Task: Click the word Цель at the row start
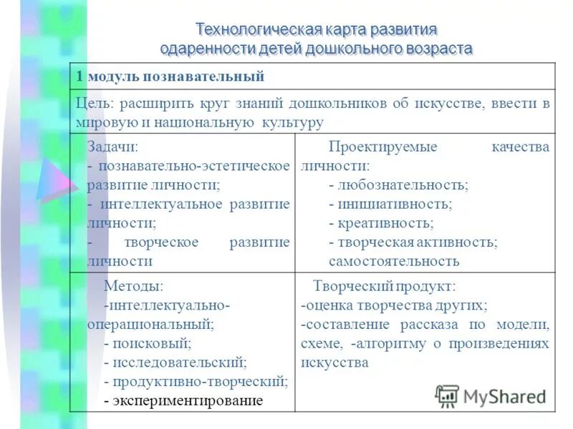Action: pos(92,103)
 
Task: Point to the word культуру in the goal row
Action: pos(291,123)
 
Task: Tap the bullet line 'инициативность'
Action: pos(391,204)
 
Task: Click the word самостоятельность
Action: pos(394,261)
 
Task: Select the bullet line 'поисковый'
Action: pos(150,343)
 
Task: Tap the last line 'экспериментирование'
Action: pos(183,400)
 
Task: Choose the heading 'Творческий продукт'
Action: pos(384,286)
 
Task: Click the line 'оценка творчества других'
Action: pos(395,305)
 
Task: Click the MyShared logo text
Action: pos(504,396)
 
